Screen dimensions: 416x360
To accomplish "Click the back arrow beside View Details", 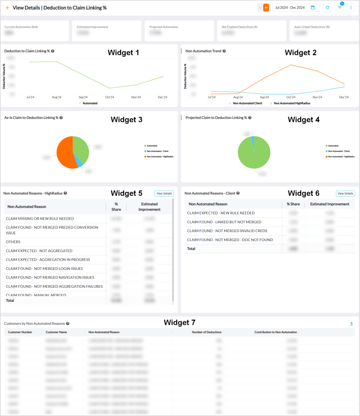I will [7, 8].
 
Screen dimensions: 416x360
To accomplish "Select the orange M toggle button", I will [266, 8].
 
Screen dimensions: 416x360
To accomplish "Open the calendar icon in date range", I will [313, 8].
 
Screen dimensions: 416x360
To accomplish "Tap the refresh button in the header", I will [327, 8].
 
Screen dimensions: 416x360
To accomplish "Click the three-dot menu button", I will [351, 8].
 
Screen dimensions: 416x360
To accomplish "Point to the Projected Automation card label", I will [164, 27].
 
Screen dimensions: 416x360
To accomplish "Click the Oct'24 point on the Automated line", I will [110, 88].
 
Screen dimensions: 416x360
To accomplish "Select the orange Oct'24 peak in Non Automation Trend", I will [291, 65].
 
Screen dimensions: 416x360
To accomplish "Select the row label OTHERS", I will [13, 242].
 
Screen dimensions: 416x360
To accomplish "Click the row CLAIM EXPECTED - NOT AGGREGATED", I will [39, 251].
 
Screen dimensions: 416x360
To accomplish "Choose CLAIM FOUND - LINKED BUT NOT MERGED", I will [224, 222].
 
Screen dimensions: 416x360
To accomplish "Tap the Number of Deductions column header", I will [206, 332].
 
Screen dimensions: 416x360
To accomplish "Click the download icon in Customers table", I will [351, 324].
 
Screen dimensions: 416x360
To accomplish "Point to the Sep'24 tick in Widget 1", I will [83, 97].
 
